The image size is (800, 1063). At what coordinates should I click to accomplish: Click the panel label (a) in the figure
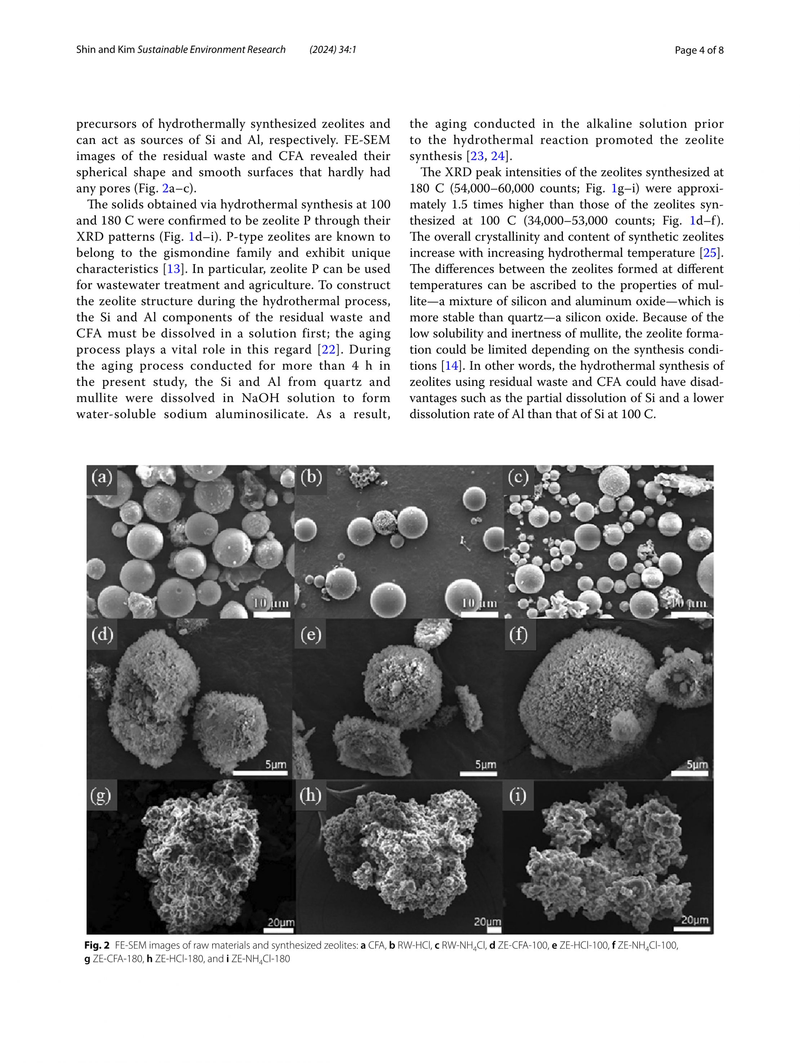pyautogui.click(x=102, y=477)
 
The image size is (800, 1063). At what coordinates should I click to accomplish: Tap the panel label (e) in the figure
pyautogui.click(x=311, y=634)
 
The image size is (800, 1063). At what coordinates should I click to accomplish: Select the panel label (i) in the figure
pyautogui.click(x=517, y=795)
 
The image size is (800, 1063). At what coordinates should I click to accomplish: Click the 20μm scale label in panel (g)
pyautogui.click(x=281, y=922)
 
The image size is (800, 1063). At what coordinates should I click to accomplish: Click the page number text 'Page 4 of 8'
pyautogui.click(x=699, y=50)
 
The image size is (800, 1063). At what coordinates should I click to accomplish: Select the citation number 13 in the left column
pyautogui.click(x=173, y=269)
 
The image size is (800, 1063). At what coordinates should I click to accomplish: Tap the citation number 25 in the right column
pyautogui.click(x=710, y=253)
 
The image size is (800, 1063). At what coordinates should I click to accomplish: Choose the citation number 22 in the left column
pyautogui.click(x=328, y=350)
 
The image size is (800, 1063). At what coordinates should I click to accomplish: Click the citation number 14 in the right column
pyautogui.click(x=451, y=366)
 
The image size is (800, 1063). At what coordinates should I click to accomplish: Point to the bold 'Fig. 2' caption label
pyautogui.click(x=97, y=945)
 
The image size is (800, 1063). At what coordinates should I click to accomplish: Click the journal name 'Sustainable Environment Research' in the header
pyautogui.click(x=212, y=49)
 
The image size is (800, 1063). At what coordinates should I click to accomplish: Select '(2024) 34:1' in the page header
pyautogui.click(x=333, y=49)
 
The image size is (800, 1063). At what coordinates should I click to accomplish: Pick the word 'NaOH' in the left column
pyautogui.click(x=260, y=398)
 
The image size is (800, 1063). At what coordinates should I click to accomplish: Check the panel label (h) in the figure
pyautogui.click(x=310, y=795)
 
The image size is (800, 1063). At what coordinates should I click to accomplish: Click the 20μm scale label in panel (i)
pyautogui.click(x=694, y=920)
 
